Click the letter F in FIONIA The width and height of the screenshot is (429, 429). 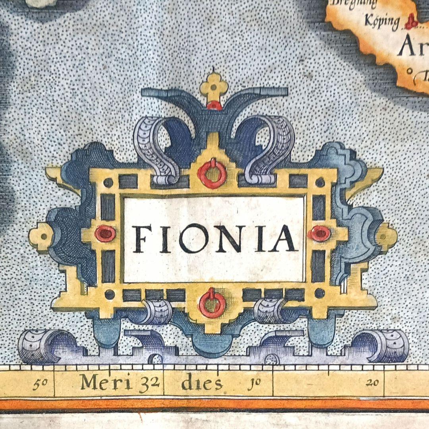142,239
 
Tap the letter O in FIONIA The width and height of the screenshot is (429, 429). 193,239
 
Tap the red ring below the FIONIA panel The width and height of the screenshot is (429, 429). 212,305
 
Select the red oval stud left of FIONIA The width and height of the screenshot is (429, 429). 105,233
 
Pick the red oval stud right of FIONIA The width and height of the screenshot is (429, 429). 319,233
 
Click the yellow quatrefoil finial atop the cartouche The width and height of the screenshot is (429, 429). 214,86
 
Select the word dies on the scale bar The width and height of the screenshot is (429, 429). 202,384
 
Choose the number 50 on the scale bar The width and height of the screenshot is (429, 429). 40,384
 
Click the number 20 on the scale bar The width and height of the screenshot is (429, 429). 372,383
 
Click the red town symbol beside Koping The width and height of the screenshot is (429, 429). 411,23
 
